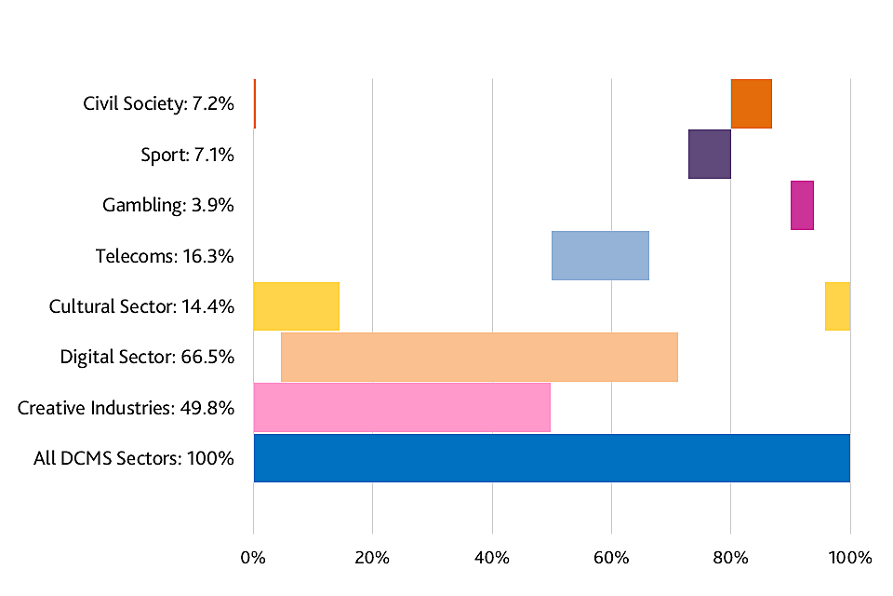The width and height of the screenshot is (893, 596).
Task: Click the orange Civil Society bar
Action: [751, 103]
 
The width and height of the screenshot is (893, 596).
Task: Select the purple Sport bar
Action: [709, 154]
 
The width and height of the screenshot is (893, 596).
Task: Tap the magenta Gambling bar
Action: [802, 205]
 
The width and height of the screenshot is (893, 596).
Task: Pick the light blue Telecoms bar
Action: [600, 255]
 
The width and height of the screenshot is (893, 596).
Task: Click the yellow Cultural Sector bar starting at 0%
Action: [296, 305]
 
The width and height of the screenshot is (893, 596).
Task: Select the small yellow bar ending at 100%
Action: [837, 305]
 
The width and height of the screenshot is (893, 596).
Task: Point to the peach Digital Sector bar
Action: [479, 357]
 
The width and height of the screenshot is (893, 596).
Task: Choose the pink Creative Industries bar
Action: [402, 407]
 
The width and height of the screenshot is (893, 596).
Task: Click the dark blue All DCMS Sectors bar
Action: [552, 457]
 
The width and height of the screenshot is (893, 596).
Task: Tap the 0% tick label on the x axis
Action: [253, 558]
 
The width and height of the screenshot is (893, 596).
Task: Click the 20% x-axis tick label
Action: [372, 558]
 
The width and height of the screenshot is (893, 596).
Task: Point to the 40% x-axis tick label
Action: [491, 558]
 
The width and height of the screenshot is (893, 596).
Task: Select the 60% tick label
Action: [611, 558]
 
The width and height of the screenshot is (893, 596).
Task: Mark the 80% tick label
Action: [730, 558]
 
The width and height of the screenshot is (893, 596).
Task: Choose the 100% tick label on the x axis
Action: [849, 558]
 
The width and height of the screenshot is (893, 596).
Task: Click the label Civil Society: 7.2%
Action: [158, 103]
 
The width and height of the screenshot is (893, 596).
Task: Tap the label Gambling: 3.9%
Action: [168, 205]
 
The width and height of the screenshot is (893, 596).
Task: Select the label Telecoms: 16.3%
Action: [165, 255]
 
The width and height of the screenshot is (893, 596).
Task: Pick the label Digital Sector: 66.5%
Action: [147, 357]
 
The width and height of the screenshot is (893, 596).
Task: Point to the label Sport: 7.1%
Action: [187, 154]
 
